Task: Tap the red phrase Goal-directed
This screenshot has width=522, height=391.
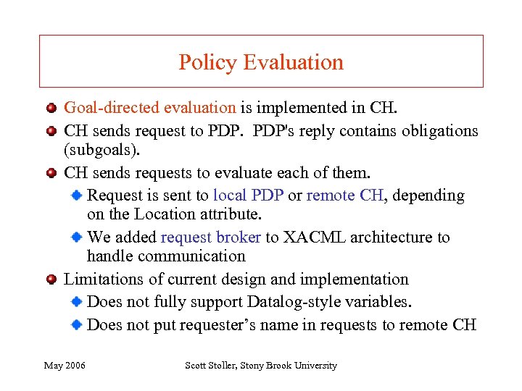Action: (112, 108)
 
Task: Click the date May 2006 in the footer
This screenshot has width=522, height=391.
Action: (65, 366)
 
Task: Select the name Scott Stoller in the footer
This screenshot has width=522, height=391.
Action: (217, 366)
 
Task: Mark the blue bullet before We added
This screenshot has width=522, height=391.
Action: (78, 237)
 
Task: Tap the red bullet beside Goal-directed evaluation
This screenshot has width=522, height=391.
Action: (51, 109)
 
